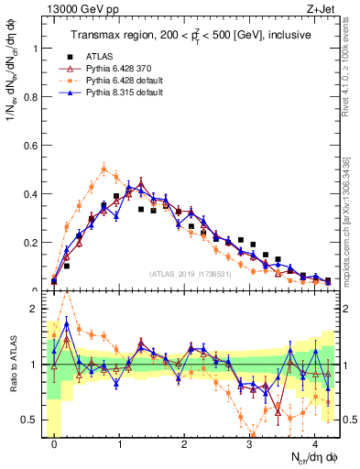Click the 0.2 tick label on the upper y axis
point(29,243)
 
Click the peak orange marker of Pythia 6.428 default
point(104,169)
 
